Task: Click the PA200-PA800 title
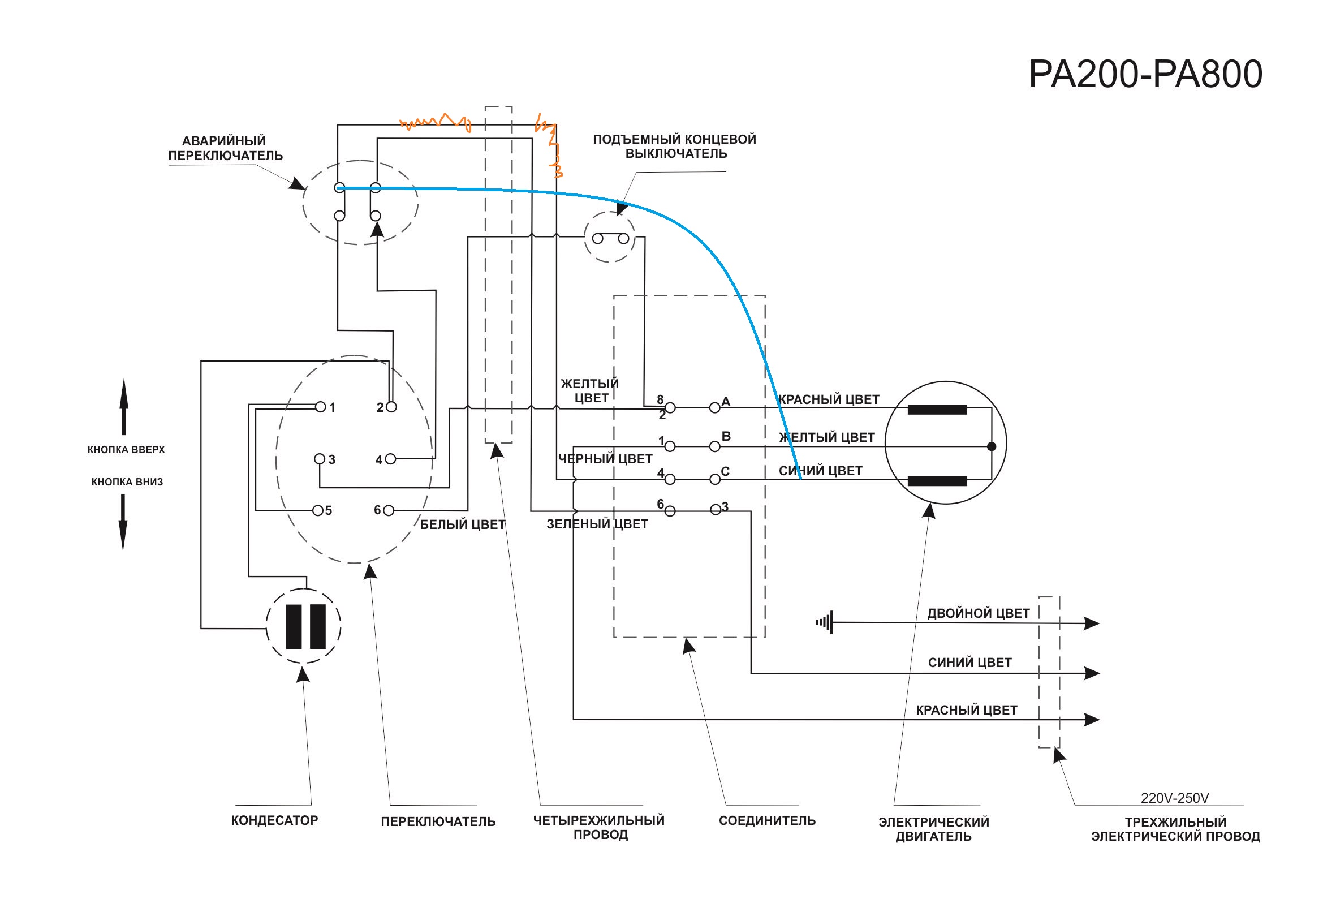point(1145,74)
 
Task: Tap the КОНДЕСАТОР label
point(274,820)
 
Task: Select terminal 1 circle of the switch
point(321,407)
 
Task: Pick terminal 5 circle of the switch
point(318,510)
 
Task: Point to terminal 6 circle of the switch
point(389,511)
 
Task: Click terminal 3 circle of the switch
point(320,459)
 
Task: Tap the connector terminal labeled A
point(715,408)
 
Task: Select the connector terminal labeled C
point(715,479)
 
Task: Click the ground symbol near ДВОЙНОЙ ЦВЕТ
point(825,622)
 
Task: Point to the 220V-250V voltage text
point(1174,798)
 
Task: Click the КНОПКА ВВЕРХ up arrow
point(123,406)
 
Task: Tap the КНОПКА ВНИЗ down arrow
point(123,522)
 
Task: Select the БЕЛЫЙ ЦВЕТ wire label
point(462,524)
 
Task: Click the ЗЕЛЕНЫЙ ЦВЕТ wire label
point(597,524)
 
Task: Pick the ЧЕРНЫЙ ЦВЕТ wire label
point(605,459)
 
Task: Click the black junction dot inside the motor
point(991,446)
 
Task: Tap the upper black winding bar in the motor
point(937,410)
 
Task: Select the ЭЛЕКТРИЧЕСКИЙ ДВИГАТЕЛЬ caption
point(934,829)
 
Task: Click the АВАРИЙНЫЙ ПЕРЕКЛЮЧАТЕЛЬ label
point(225,148)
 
